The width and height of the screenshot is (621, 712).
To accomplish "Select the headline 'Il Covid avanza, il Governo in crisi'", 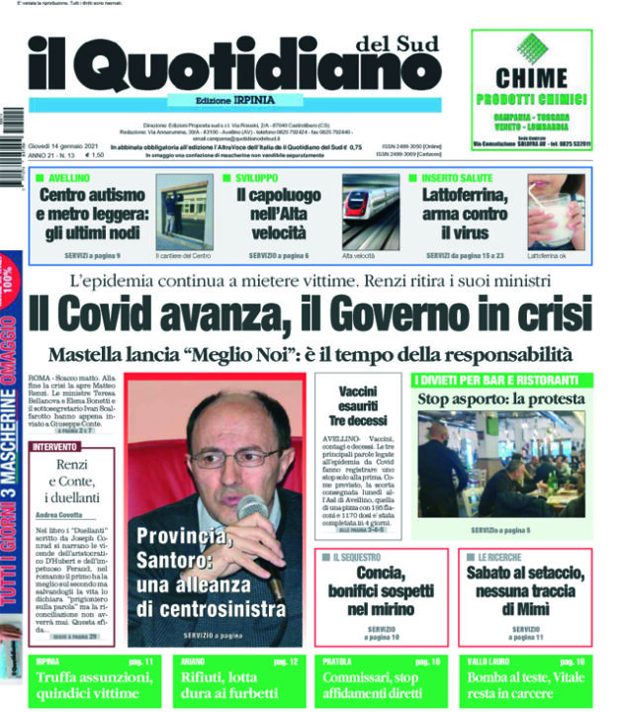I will coord(309,314).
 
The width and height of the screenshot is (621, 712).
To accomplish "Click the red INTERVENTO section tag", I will coord(56,446).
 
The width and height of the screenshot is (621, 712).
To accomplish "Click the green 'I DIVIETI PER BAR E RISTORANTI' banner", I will coord(501,380).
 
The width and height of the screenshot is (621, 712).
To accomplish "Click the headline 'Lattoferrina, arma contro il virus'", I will coord(462,213).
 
